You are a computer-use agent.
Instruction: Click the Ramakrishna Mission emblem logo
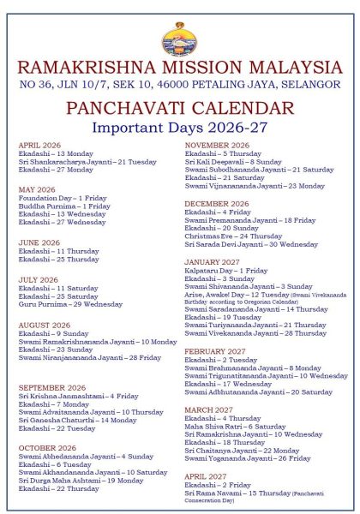pyautogui.click(x=179, y=37)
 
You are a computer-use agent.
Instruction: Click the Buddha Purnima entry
pyautogui.click(x=64, y=206)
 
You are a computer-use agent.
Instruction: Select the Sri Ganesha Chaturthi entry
pyautogui.click(x=77, y=421)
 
